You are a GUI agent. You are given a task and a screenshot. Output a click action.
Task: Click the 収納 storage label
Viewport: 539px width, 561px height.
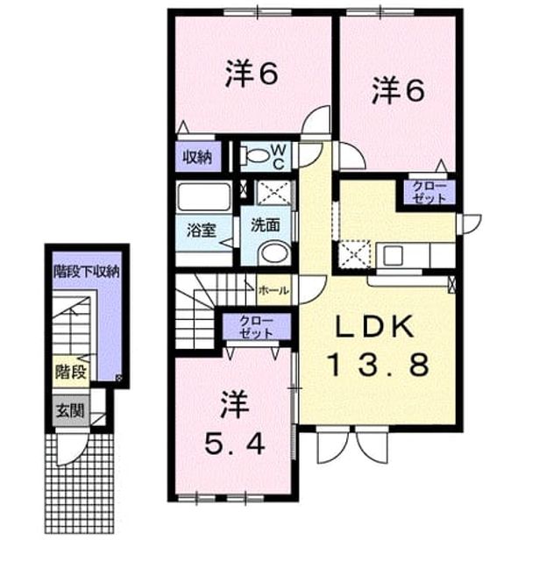point(198,158)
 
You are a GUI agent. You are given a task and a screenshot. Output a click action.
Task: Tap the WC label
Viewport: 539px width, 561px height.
point(278,157)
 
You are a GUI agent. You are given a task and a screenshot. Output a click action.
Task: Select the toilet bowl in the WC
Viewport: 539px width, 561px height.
point(256,156)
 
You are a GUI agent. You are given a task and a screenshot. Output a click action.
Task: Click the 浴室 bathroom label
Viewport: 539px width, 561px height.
point(201,231)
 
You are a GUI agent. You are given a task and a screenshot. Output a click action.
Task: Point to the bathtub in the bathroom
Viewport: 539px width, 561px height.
point(204,196)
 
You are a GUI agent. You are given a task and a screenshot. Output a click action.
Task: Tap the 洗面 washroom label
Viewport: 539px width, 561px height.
point(266,225)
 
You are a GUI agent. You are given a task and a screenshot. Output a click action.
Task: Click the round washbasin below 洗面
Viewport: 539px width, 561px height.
point(274,252)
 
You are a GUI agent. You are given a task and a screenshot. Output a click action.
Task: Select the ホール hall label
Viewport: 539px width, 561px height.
point(273,290)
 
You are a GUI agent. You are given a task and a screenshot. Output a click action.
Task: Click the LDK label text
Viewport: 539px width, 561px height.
point(374,327)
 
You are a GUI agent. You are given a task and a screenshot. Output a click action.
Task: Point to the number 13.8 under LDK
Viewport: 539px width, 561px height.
point(379,365)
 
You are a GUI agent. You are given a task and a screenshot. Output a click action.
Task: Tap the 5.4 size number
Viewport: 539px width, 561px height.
point(235,444)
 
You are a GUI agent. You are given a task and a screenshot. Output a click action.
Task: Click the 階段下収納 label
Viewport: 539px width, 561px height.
point(86,273)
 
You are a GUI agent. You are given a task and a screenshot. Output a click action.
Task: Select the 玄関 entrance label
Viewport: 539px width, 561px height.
point(70,411)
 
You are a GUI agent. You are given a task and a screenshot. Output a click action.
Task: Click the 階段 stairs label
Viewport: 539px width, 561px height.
point(71,373)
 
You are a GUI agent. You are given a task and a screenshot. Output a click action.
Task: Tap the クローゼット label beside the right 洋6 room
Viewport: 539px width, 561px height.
point(429,192)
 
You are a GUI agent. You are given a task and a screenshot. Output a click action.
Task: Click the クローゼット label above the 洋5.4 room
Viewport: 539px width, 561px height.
point(256,327)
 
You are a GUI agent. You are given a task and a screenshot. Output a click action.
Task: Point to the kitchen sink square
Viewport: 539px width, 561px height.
point(394,255)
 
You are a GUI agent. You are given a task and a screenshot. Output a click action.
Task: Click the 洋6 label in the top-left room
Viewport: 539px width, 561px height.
point(252,74)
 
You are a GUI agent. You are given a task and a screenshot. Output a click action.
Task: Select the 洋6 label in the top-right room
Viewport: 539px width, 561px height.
point(399,91)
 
